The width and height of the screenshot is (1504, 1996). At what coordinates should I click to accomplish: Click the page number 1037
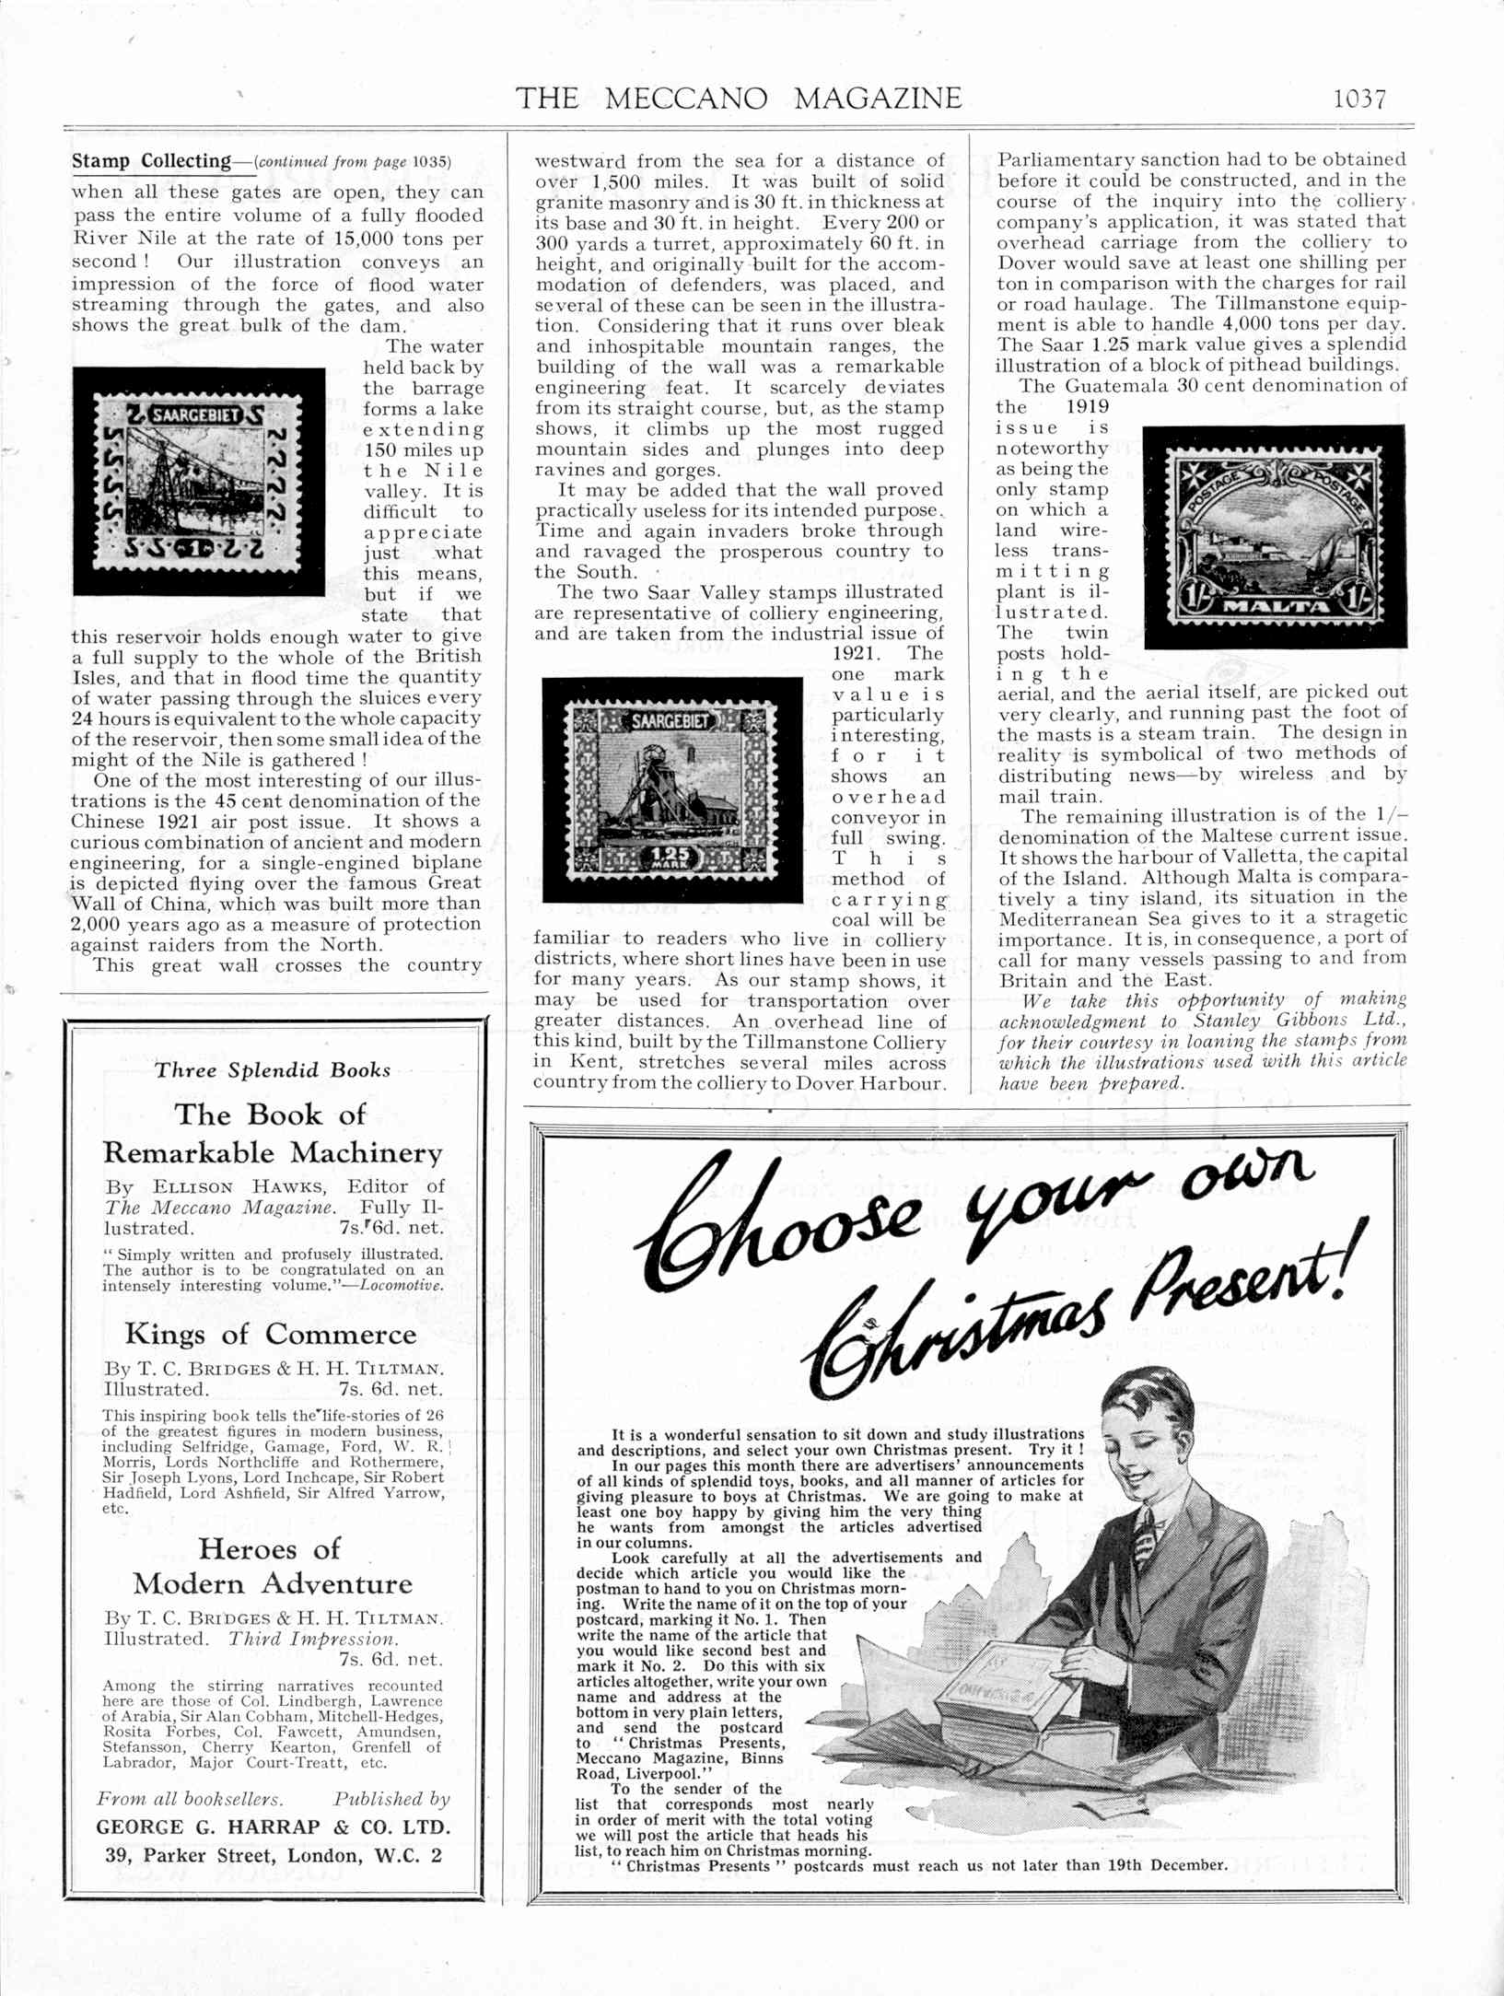click(1359, 99)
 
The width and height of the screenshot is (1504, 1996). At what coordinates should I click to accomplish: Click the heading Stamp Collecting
click(151, 161)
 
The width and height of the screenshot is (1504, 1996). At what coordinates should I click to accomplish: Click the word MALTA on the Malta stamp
click(1275, 606)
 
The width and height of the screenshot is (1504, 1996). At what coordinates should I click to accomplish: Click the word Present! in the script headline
click(1244, 1282)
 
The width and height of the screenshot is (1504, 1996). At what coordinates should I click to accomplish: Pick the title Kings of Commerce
click(271, 1335)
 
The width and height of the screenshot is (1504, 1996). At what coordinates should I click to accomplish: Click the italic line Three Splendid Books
click(273, 1070)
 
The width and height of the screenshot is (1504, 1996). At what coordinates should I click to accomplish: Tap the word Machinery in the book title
click(367, 1153)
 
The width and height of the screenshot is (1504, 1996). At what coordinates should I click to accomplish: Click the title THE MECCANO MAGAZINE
click(739, 99)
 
